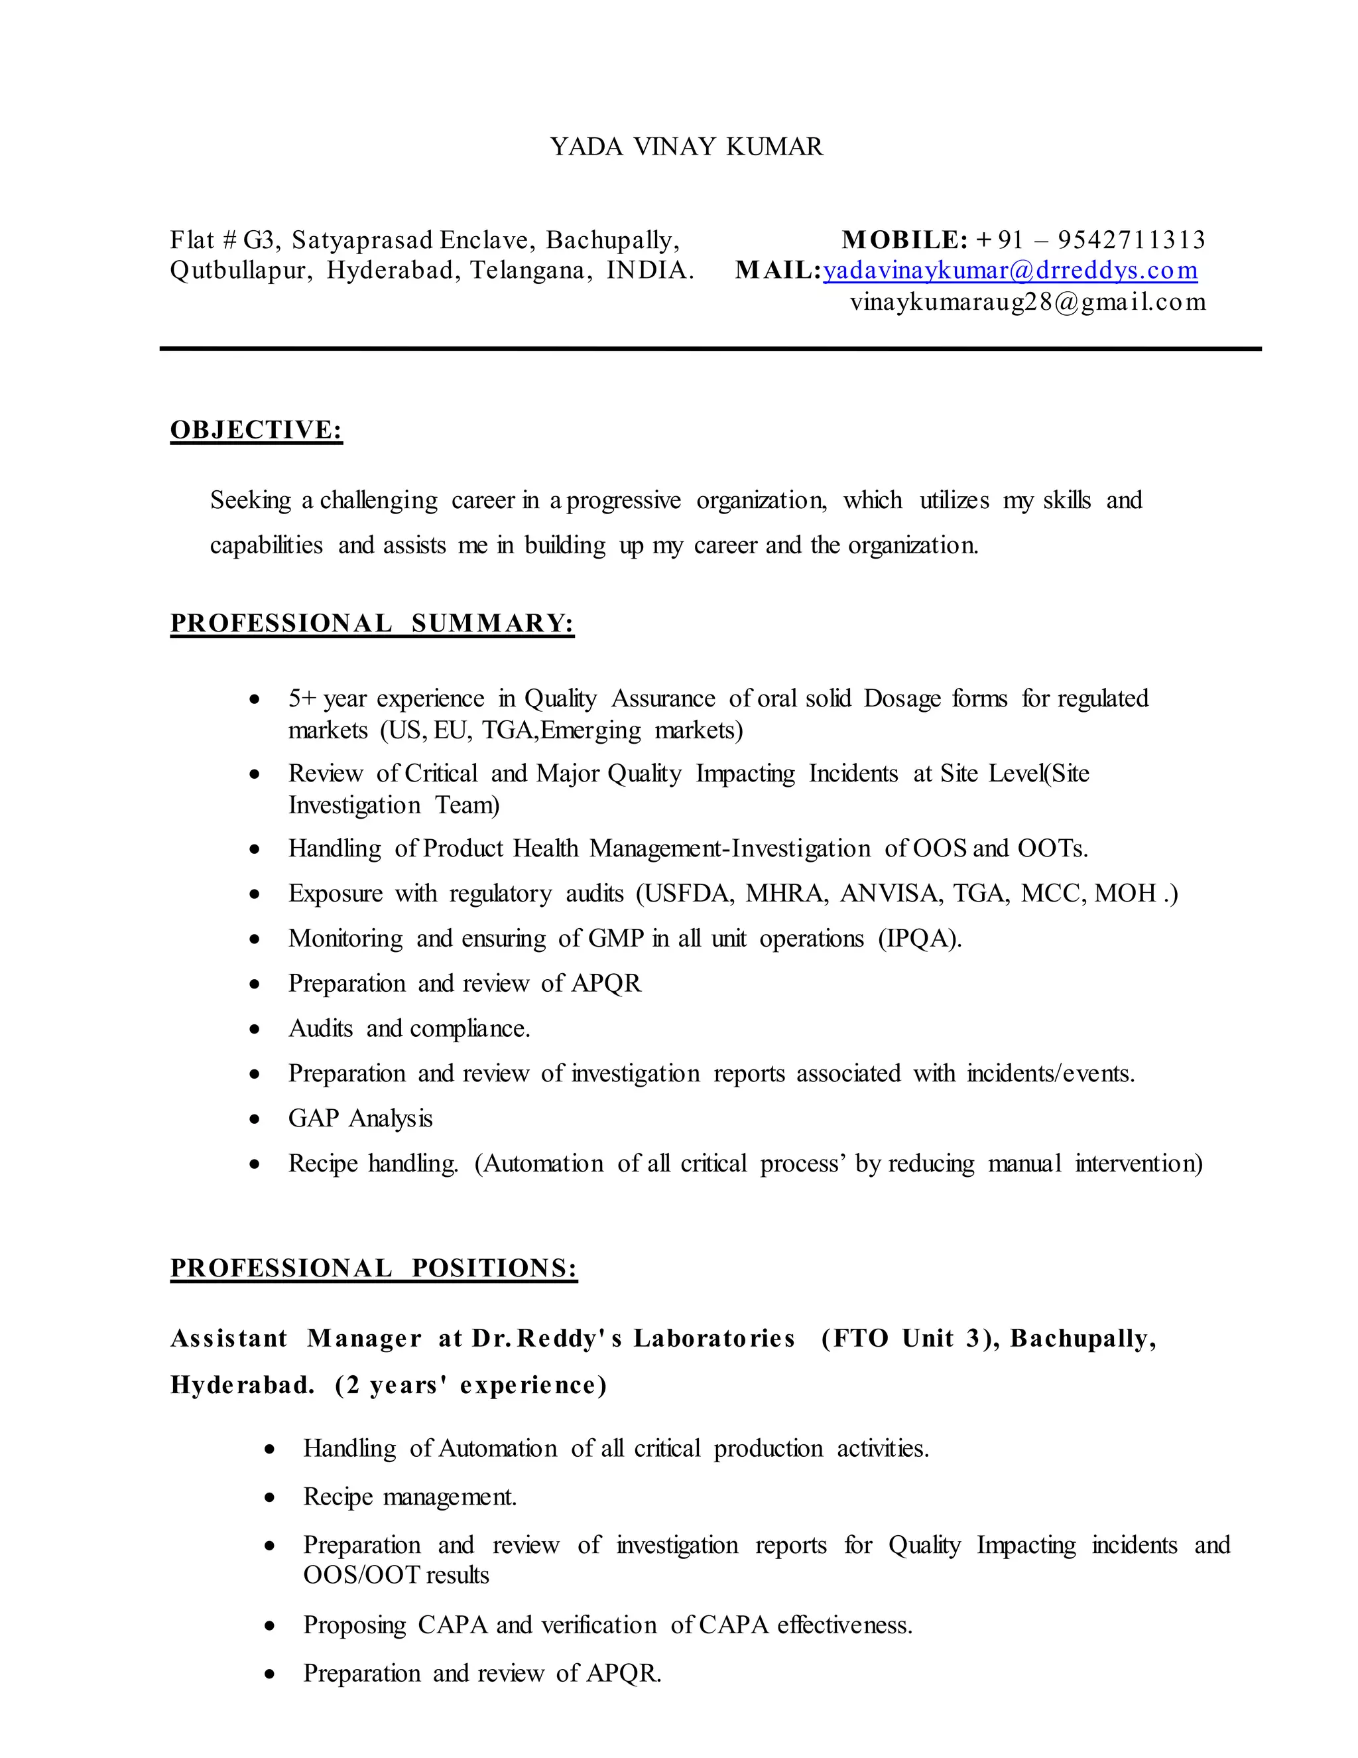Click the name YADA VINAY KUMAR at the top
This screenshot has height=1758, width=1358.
pyautogui.click(x=686, y=147)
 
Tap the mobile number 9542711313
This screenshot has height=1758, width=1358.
pyautogui.click(x=1131, y=240)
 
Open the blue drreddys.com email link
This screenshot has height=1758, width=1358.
pyautogui.click(x=1010, y=271)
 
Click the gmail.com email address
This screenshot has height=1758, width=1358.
pyautogui.click(x=1027, y=302)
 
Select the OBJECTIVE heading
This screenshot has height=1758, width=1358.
pyautogui.click(x=256, y=430)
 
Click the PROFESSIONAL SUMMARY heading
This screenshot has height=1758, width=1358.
pyautogui.click(x=372, y=623)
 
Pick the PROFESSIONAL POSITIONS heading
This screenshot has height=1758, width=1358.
pyautogui.click(x=373, y=1268)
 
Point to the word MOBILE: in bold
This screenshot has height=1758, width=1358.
pyautogui.click(x=904, y=240)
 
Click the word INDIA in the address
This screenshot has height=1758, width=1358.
pyautogui.click(x=649, y=271)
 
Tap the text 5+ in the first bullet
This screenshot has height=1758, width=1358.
pyautogui.click(x=302, y=699)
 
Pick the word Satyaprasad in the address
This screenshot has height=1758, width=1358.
pyautogui.click(x=362, y=240)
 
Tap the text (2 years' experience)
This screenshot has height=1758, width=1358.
pyautogui.click(x=471, y=1385)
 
